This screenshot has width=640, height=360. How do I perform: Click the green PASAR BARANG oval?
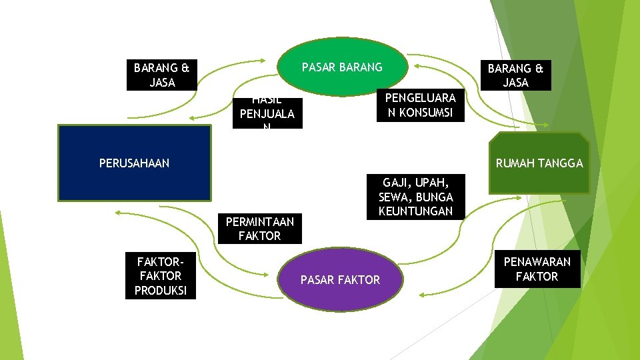pyautogui.click(x=342, y=67)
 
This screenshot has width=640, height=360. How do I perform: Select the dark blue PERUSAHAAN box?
pyautogui.click(x=134, y=163)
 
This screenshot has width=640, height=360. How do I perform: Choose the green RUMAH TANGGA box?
pyautogui.click(x=539, y=163)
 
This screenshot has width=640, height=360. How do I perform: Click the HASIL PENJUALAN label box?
pyautogui.click(x=266, y=113)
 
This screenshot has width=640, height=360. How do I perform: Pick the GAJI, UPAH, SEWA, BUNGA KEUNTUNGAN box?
pyautogui.click(x=415, y=197)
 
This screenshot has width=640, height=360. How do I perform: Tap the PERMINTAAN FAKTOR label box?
pyautogui.click(x=259, y=229)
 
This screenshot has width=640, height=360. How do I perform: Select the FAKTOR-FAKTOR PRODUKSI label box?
pyautogui.click(x=161, y=276)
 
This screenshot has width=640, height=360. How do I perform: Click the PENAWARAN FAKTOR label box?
pyautogui.click(x=537, y=269)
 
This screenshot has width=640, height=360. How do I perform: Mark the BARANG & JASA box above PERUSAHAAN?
pyautogui.click(x=161, y=75)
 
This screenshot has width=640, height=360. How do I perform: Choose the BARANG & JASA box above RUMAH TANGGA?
pyautogui.click(x=515, y=75)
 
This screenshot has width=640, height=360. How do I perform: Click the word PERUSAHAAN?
pyautogui.click(x=134, y=163)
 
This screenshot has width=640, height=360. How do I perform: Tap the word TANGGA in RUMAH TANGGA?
pyautogui.click(x=563, y=163)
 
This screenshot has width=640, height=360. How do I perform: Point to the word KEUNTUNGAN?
pyautogui.click(x=415, y=211)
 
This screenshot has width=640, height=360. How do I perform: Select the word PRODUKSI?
pyautogui.click(x=161, y=291)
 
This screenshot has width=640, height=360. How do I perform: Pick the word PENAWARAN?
pyautogui.click(x=537, y=261)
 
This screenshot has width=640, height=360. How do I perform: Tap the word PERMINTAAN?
pyautogui.click(x=259, y=222)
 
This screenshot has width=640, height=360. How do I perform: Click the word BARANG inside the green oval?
pyautogui.click(x=361, y=67)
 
